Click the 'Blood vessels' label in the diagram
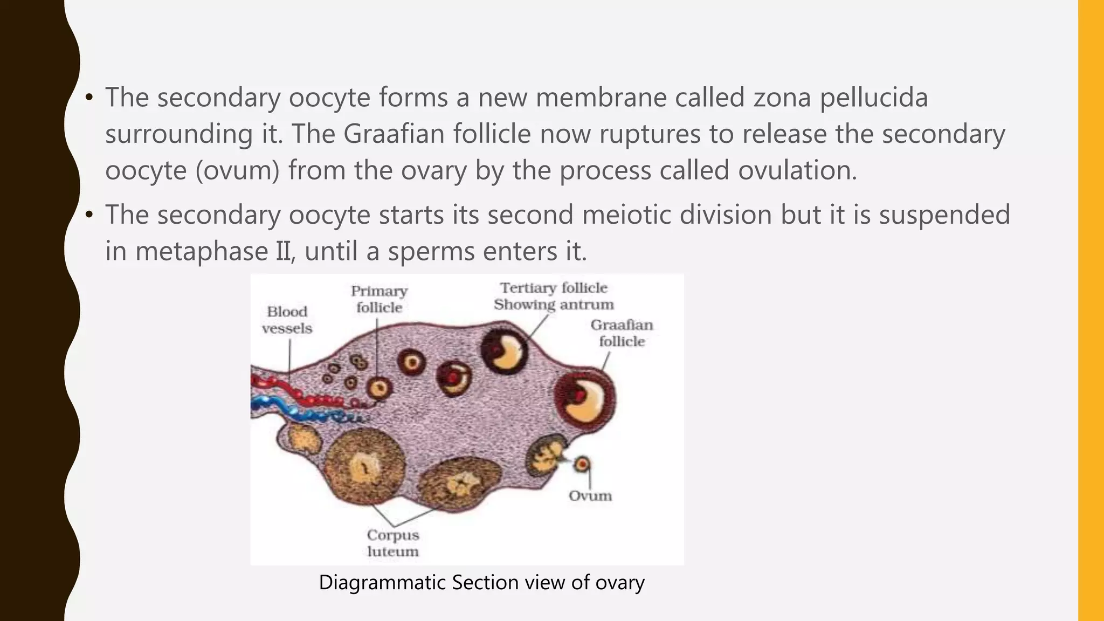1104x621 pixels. click(x=287, y=320)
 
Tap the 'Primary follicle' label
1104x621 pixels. click(x=379, y=299)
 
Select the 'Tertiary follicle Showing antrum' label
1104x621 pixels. click(x=554, y=296)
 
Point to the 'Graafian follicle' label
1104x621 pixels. click(x=622, y=333)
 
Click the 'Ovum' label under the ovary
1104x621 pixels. click(x=590, y=496)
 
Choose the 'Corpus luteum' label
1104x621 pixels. click(x=393, y=543)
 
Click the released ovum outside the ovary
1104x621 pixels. click(x=582, y=464)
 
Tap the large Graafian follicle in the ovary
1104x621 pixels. click(x=585, y=398)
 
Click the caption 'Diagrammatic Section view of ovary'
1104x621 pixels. click(x=481, y=583)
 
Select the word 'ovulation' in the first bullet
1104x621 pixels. click(x=797, y=170)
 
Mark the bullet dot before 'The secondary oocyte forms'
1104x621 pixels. click(x=89, y=98)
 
